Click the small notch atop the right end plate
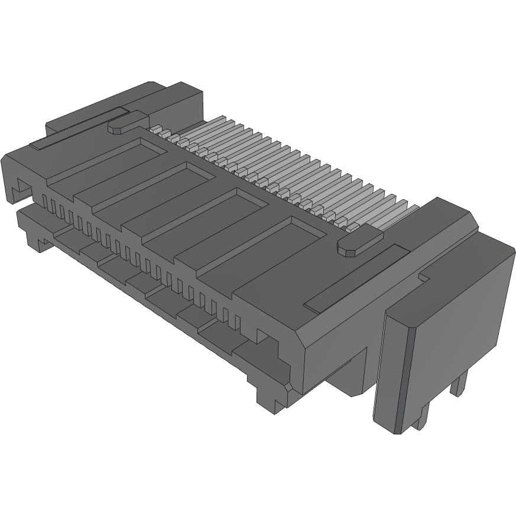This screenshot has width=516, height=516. tap(424, 275)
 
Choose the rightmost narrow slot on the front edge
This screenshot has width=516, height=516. tap(238, 323)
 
